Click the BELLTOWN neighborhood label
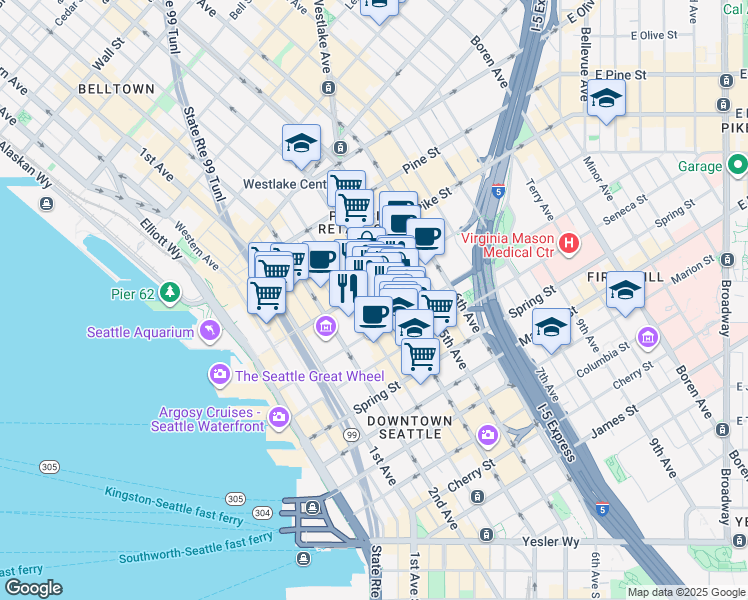(117, 89)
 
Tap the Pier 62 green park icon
(171, 292)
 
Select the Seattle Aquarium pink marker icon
(210, 329)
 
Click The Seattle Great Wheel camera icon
(219, 375)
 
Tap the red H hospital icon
(569, 243)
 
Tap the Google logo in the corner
(34, 588)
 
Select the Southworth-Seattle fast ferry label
(196, 547)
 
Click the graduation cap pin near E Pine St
(606, 100)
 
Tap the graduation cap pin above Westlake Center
(301, 144)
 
